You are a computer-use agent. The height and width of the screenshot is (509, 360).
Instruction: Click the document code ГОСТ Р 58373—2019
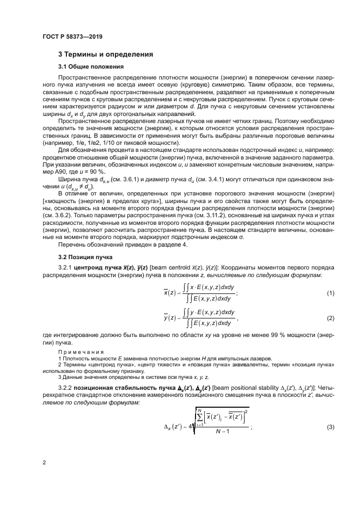pyautogui.click(x=72, y=36)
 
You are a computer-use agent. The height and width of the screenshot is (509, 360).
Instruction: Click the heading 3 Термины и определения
pyautogui.click(x=106, y=54)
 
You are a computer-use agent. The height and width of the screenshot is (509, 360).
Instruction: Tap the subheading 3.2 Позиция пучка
pyautogui.click(x=85, y=256)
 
